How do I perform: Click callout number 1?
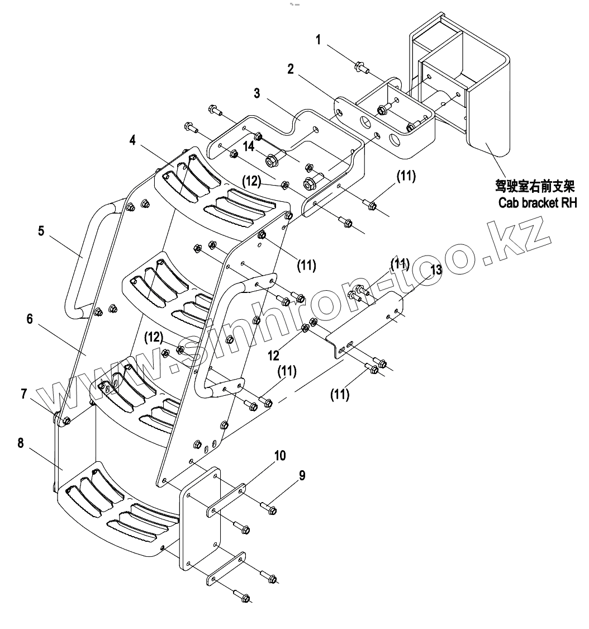coord(318,40)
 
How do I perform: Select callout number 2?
coord(291,69)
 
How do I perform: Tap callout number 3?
coord(256,93)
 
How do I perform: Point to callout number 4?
coord(132,140)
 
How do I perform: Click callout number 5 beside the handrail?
coord(41,230)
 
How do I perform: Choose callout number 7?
coord(23,394)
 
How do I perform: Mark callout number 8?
coord(21,443)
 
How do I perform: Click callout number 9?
coord(302,476)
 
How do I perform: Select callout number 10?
coord(279,456)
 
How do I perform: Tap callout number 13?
coord(436,271)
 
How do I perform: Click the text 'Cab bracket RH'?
coord(537,202)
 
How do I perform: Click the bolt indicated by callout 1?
coord(360,68)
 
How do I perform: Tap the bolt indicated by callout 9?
coord(269,509)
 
